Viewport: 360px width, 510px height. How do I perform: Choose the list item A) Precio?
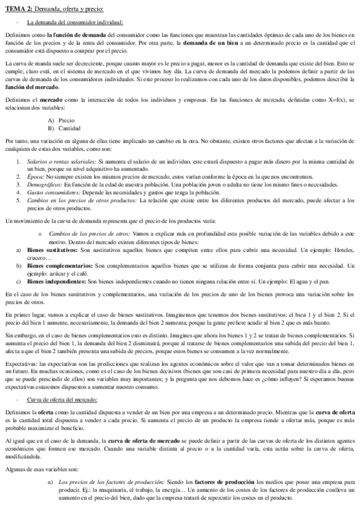pyautogui.click(x=60, y=120)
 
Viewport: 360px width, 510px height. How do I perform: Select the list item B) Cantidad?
pyautogui.click(x=63, y=128)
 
